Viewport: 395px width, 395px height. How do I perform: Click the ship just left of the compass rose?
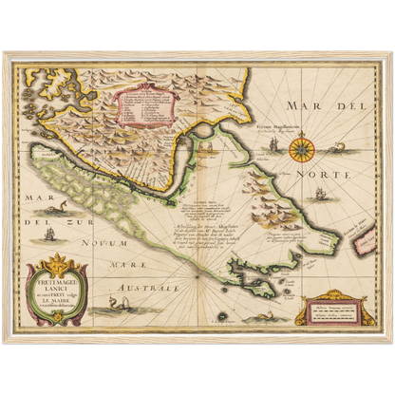coord(271,145)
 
